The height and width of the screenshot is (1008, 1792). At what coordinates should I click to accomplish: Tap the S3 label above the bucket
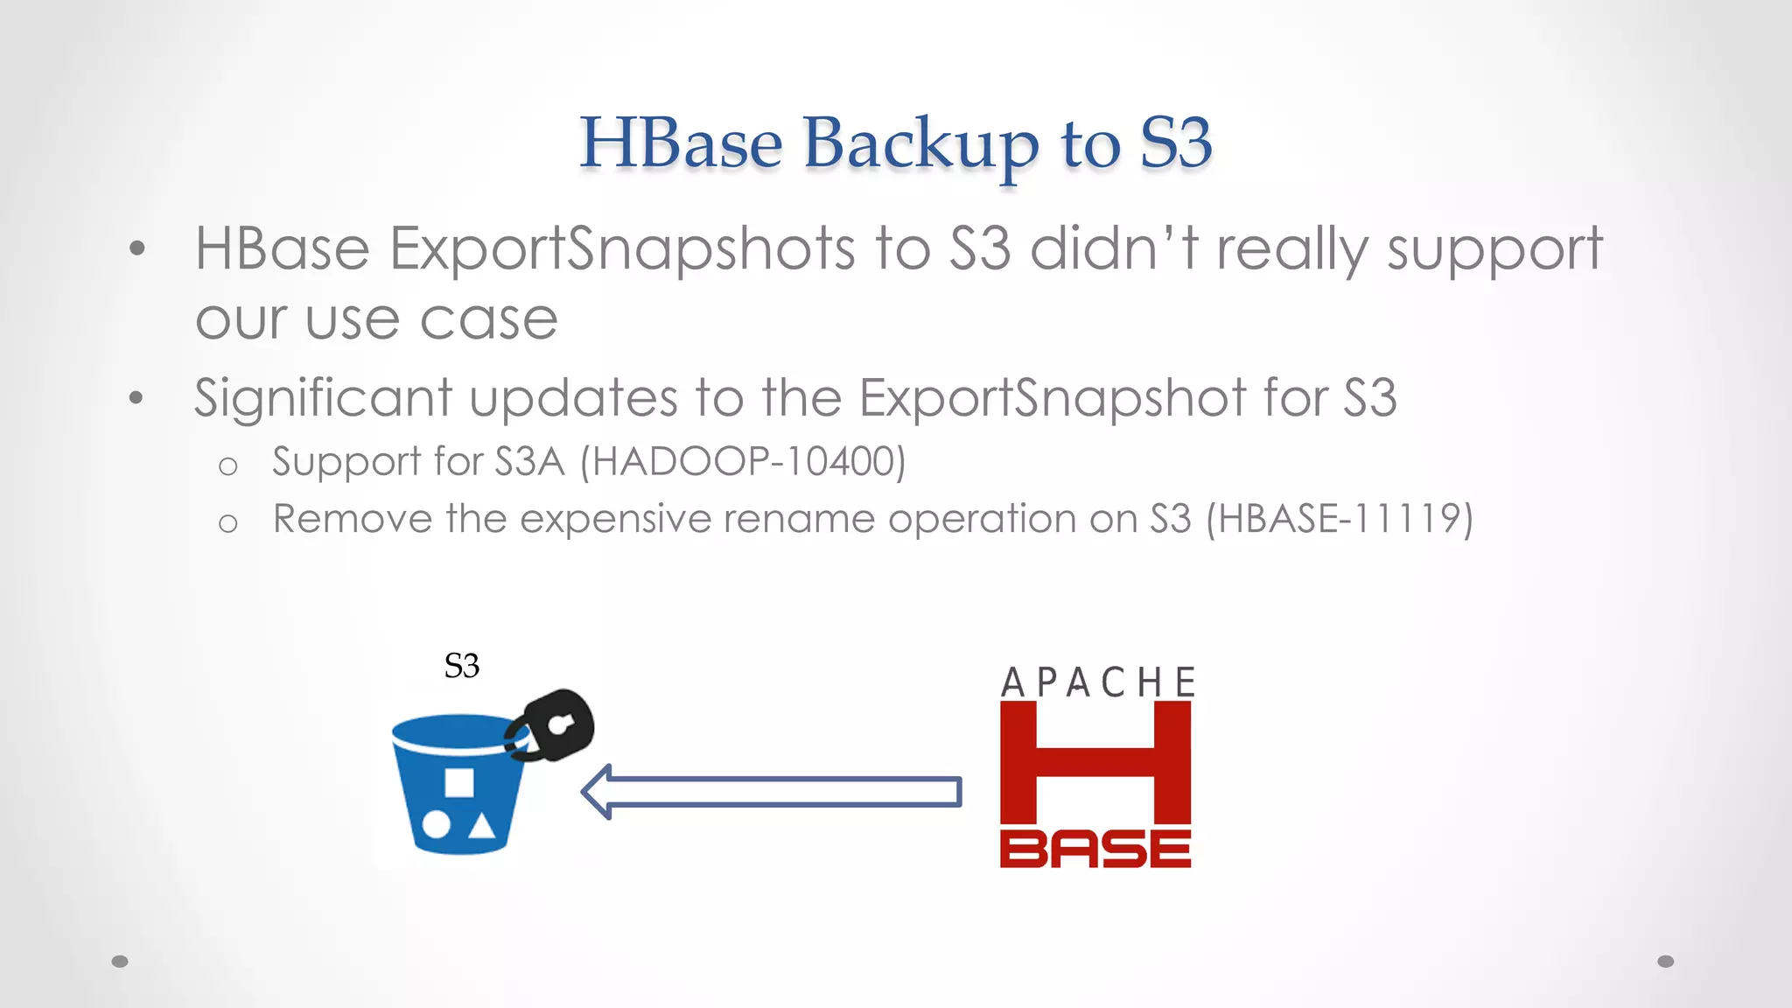(461, 667)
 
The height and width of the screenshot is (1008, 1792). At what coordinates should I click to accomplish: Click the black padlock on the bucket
(554, 725)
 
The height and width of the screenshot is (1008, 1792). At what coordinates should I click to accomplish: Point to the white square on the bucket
(458, 782)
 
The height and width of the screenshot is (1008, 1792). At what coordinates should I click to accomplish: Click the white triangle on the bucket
(480, 826)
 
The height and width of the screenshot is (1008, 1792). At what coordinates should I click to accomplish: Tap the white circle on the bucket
(436, 825)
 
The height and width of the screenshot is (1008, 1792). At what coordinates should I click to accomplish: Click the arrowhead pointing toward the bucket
(598, 792)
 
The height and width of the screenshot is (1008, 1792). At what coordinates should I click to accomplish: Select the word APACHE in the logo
(1098, 682)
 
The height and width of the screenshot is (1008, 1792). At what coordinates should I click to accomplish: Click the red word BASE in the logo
(1095, 849)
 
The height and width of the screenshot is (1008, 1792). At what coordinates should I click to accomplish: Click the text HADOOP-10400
(743, 462)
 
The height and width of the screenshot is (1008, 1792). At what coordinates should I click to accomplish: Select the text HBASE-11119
(1339, 519)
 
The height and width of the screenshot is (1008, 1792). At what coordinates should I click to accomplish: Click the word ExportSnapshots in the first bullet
(622, 249)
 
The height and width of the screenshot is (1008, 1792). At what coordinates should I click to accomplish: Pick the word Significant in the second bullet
(323, 398)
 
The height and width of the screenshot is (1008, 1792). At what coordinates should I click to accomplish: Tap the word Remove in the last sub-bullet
(352, 519)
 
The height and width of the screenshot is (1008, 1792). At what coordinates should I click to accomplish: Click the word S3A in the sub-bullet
(529, 462)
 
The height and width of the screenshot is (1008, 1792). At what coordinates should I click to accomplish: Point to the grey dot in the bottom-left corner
(120, 962)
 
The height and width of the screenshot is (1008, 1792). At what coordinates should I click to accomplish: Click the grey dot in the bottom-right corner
(1666, 962)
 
